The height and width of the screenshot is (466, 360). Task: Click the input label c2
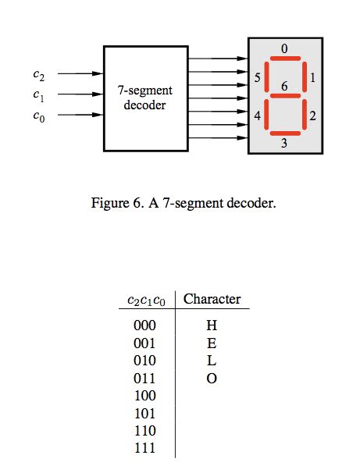coord(39,75)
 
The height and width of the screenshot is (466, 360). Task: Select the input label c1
coord(39,94)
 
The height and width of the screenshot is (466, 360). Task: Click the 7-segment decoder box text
coord(145,98)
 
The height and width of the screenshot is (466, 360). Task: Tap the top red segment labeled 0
coord(284,59)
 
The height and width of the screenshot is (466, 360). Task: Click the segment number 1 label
coord(312,78)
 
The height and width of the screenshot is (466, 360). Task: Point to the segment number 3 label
coord(284,144)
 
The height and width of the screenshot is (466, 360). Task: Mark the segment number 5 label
coord(257,78)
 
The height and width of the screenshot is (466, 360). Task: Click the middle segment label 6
coord(284,87)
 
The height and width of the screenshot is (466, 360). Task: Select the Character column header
coord(212,299)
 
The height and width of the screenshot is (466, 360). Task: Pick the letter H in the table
coord(211,325)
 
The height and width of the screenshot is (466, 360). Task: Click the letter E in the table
coord(211,343)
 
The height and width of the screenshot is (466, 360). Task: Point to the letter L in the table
coord(211,361)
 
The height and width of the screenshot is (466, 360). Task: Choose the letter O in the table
coord(211,379)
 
